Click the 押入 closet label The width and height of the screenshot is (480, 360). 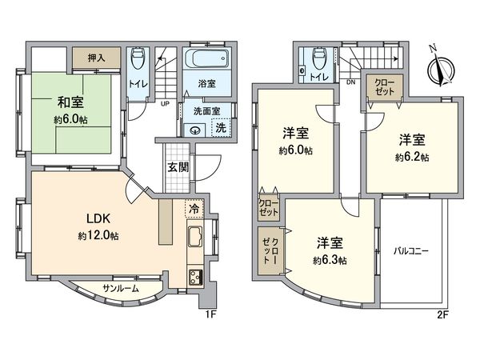[96, 58]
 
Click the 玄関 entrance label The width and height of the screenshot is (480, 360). [178, 167]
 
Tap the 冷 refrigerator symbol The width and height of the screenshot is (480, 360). [194, 207]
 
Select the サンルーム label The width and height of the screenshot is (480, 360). [121, 288]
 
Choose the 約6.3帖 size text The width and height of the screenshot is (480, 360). [330, 260]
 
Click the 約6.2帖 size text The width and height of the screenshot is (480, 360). [412, 158]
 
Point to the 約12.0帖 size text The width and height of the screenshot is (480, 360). [98, 237]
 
